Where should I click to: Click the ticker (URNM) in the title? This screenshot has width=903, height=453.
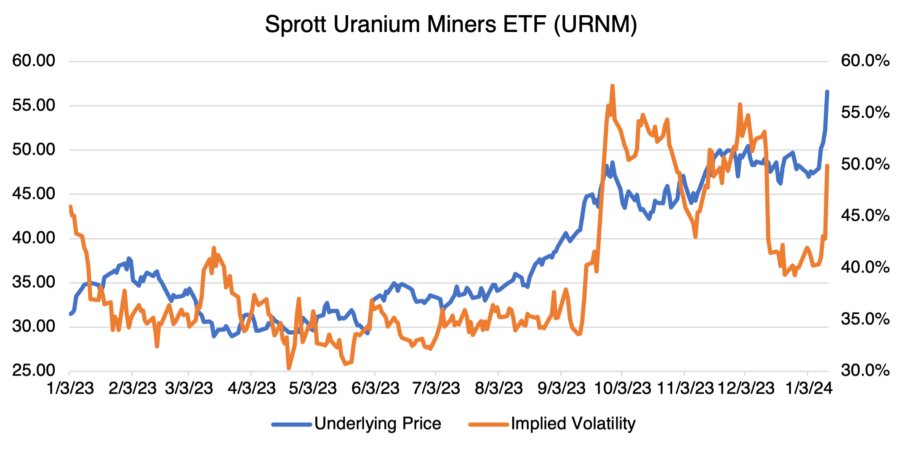click(x=595, y=24)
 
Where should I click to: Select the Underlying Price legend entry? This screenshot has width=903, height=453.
click(x=377, y=424)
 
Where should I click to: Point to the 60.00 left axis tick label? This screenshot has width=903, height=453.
click(x=34, y=61)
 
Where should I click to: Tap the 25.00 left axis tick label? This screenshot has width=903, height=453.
click(x=34, y=371)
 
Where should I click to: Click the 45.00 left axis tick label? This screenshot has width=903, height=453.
click(x=34, y=193)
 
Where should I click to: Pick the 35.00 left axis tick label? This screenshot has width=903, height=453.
click(x=34, y=282)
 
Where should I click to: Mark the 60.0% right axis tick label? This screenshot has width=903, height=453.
click(x=865, y=61)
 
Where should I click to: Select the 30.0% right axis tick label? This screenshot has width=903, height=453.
click(x=865, y=371)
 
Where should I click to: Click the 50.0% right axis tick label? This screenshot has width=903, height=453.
click(x=865, y=164)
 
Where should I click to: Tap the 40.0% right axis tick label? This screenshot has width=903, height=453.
click(x=865, y=268)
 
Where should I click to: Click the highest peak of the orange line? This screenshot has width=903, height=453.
click(x=612, y=86)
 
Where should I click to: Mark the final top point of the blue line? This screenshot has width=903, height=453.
click(x=827, y=92)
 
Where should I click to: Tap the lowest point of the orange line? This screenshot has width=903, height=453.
click(x=289, y=368)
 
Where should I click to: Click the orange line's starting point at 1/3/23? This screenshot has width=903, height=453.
click(x=70, y=207)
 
